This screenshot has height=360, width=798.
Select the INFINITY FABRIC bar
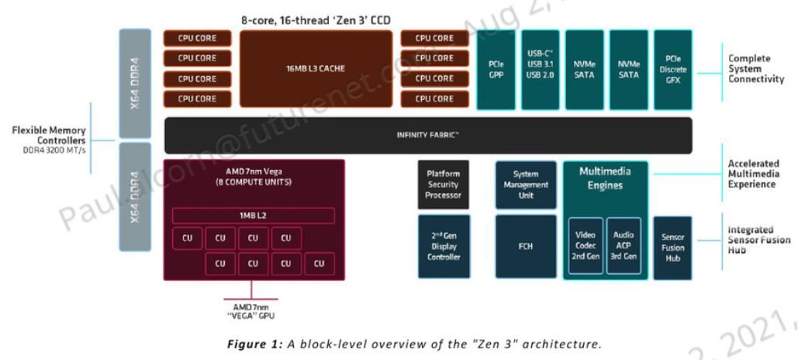[x=428, y=135]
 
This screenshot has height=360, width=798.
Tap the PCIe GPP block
[x=496, y=69]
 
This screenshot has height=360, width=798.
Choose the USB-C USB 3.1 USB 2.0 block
[x=539, y=69]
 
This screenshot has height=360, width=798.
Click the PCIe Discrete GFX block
[x=672, y=69]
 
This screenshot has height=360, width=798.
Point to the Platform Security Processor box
[x=444, y=185]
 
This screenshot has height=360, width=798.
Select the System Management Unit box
[x=525, y=185]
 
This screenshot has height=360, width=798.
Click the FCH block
[x=525, y=246]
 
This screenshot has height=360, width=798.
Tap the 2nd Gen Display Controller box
[x=444, y=246]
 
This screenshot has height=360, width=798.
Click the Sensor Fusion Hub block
[x=672, y=247]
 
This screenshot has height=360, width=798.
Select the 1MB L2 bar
[x=253, y=216]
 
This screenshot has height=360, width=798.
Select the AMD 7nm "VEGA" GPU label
[x=250, y=312]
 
